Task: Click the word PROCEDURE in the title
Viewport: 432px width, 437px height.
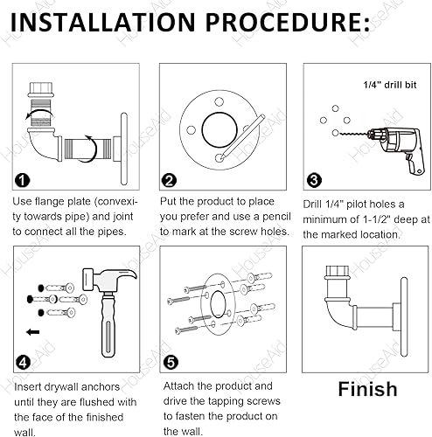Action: (289, 22)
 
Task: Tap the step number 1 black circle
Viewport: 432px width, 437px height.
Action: (23, 180)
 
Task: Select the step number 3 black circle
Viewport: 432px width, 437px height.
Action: (314, 180)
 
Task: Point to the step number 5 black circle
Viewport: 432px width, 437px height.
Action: (171, 363)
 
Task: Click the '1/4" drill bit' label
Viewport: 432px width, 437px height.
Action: (390, 85)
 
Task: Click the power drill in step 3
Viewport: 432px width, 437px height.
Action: (396, 149)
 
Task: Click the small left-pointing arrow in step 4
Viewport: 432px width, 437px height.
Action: (32, 332)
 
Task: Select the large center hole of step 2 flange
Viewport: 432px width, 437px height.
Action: (219, 129)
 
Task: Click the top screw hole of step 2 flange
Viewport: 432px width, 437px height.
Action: (219, 102)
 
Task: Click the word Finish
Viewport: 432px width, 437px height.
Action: (367, 389)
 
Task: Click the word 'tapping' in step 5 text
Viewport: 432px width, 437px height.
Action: (232, 401)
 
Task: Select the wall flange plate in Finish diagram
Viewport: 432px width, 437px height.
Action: (404, 317)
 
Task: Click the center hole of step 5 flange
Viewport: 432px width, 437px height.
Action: (218, 304)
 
